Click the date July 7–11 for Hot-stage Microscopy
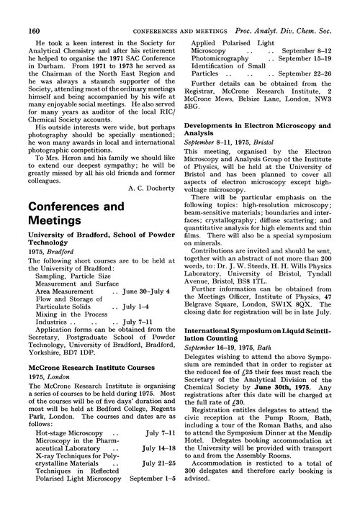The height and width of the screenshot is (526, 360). (158, 455)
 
